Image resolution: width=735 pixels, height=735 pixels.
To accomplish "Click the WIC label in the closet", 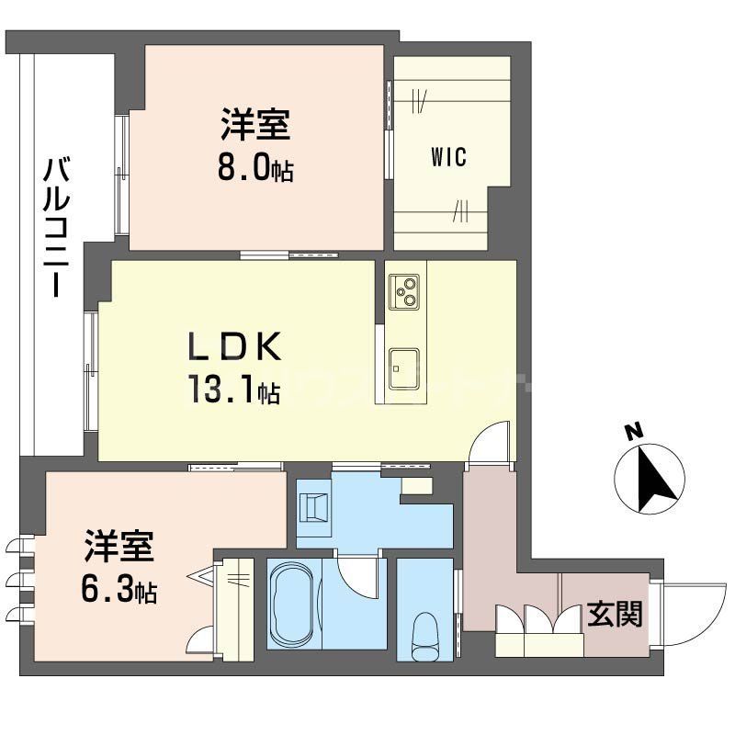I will click(x=448, y=157).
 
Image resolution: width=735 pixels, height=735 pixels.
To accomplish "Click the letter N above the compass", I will click(x=632, y=431).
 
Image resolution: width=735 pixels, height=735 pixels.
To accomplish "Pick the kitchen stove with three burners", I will click(x=404, y=291).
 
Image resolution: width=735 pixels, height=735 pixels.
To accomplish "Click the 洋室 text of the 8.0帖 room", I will click(x=254, y=124).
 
